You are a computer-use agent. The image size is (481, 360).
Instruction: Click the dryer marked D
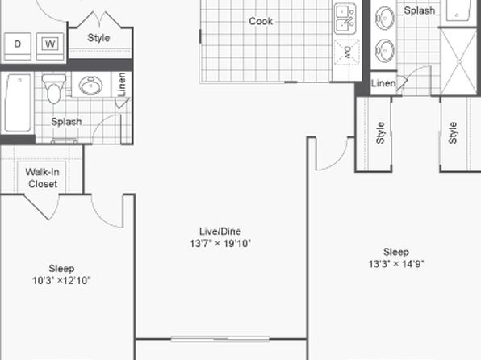(18, 46)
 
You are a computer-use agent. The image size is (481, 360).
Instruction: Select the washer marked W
(50, 46)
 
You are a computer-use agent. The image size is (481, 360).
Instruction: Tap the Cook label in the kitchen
(261, 21)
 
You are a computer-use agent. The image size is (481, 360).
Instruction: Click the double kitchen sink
(345, 19)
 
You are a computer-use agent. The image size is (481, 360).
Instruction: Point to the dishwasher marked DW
(347, 52)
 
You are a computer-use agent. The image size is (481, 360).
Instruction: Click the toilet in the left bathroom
(54, 89)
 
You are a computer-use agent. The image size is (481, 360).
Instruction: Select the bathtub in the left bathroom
(18, 103)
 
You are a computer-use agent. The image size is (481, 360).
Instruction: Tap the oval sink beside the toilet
(90, 86)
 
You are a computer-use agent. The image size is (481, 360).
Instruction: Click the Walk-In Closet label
(42, 178)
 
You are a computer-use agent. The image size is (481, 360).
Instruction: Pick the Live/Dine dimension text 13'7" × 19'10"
(220, 244)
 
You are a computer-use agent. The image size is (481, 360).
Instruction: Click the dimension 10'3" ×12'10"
(61, 280)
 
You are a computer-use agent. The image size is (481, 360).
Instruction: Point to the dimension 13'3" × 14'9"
(396, 264)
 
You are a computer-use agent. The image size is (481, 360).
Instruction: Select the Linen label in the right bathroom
(383, 83)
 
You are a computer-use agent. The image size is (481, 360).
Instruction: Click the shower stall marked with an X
(459, 61)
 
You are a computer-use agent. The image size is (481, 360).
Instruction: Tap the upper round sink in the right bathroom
(385, 19)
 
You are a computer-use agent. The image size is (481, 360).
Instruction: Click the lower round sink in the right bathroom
(385, 51)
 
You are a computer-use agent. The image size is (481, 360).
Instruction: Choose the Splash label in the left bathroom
(66, 122)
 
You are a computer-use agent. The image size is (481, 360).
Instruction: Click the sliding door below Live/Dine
(220, 339)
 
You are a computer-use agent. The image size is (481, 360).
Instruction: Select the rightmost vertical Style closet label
(453, 133)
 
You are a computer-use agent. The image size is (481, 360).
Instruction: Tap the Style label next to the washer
(98, 38)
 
